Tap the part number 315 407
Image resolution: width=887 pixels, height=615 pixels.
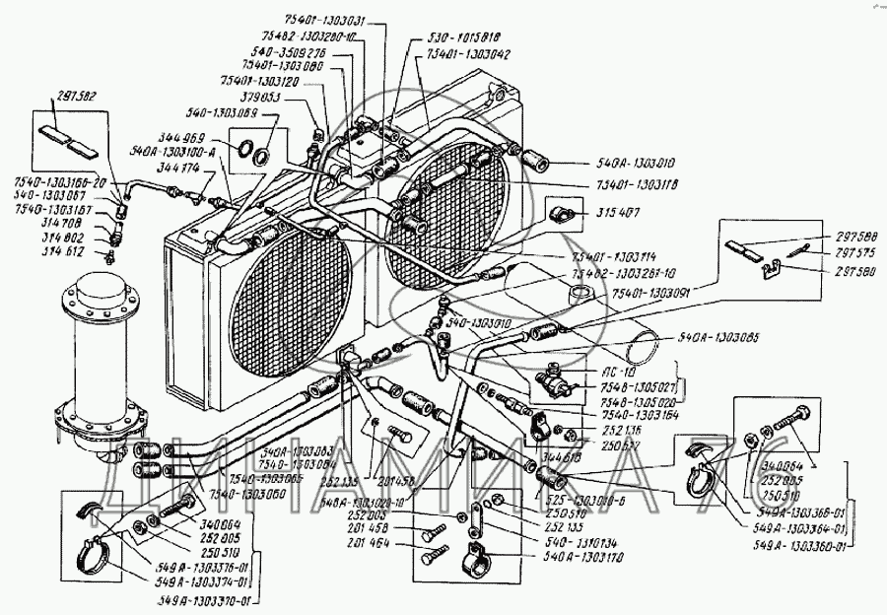click(x=617, y=213)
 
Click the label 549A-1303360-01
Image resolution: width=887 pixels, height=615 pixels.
click(x=801, y=548)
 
